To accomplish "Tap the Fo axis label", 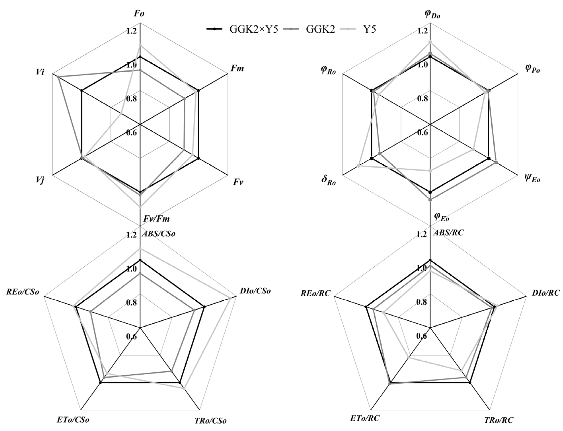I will click(139, 13).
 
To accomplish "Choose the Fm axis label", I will click(237, 68).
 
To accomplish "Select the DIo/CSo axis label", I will click(255, 291).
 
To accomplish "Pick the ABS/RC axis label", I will click(448, 233).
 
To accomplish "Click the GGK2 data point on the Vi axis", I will click(58, 77).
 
